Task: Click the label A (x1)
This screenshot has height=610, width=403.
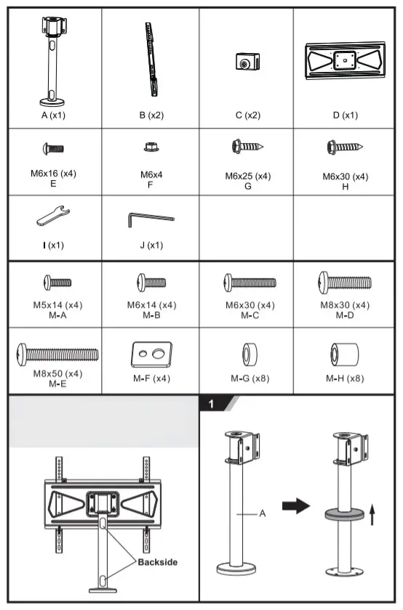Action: (x=52, y=115)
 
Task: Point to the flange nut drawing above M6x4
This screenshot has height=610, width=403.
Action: (x=151, y=147)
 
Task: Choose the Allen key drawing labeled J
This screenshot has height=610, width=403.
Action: (x=151, y=217)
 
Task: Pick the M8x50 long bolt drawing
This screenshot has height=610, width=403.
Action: (x=57, y=354)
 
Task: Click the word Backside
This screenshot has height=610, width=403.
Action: (x=158, y=561)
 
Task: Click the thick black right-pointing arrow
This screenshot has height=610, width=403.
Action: (x=295, y=507)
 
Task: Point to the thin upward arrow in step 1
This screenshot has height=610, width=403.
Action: (x=372, y=516)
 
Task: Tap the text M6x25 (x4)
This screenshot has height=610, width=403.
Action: (x=247, y=176)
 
